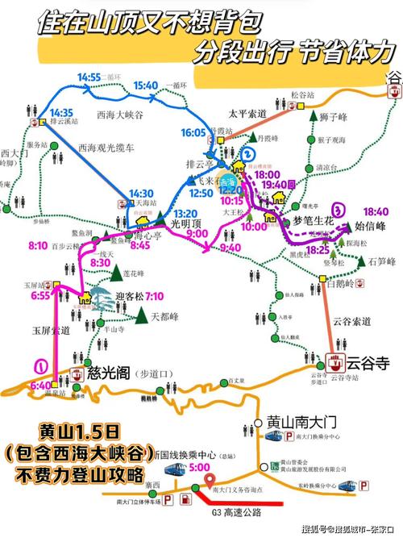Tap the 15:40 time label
pos(146,85)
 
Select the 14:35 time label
pos(61,112)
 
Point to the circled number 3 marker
pos(339,208)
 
